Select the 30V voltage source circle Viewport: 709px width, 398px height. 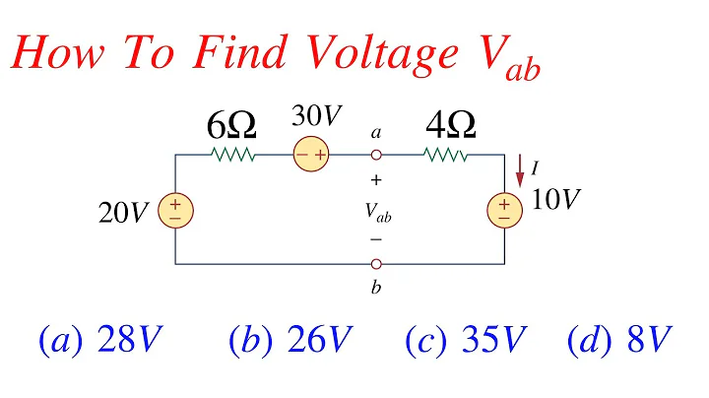click(x=313, y=155)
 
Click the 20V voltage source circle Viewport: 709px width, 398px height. click(x=175, y=209)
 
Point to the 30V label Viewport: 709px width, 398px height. click(x=314, y=116)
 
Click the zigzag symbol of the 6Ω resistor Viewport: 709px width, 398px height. click(x=232, y=155)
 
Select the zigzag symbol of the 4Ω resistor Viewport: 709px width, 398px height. click(x=446, y=155)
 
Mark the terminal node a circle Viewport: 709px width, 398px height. click(x=375, y=155)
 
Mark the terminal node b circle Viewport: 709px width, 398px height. click(x=375, y=264)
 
